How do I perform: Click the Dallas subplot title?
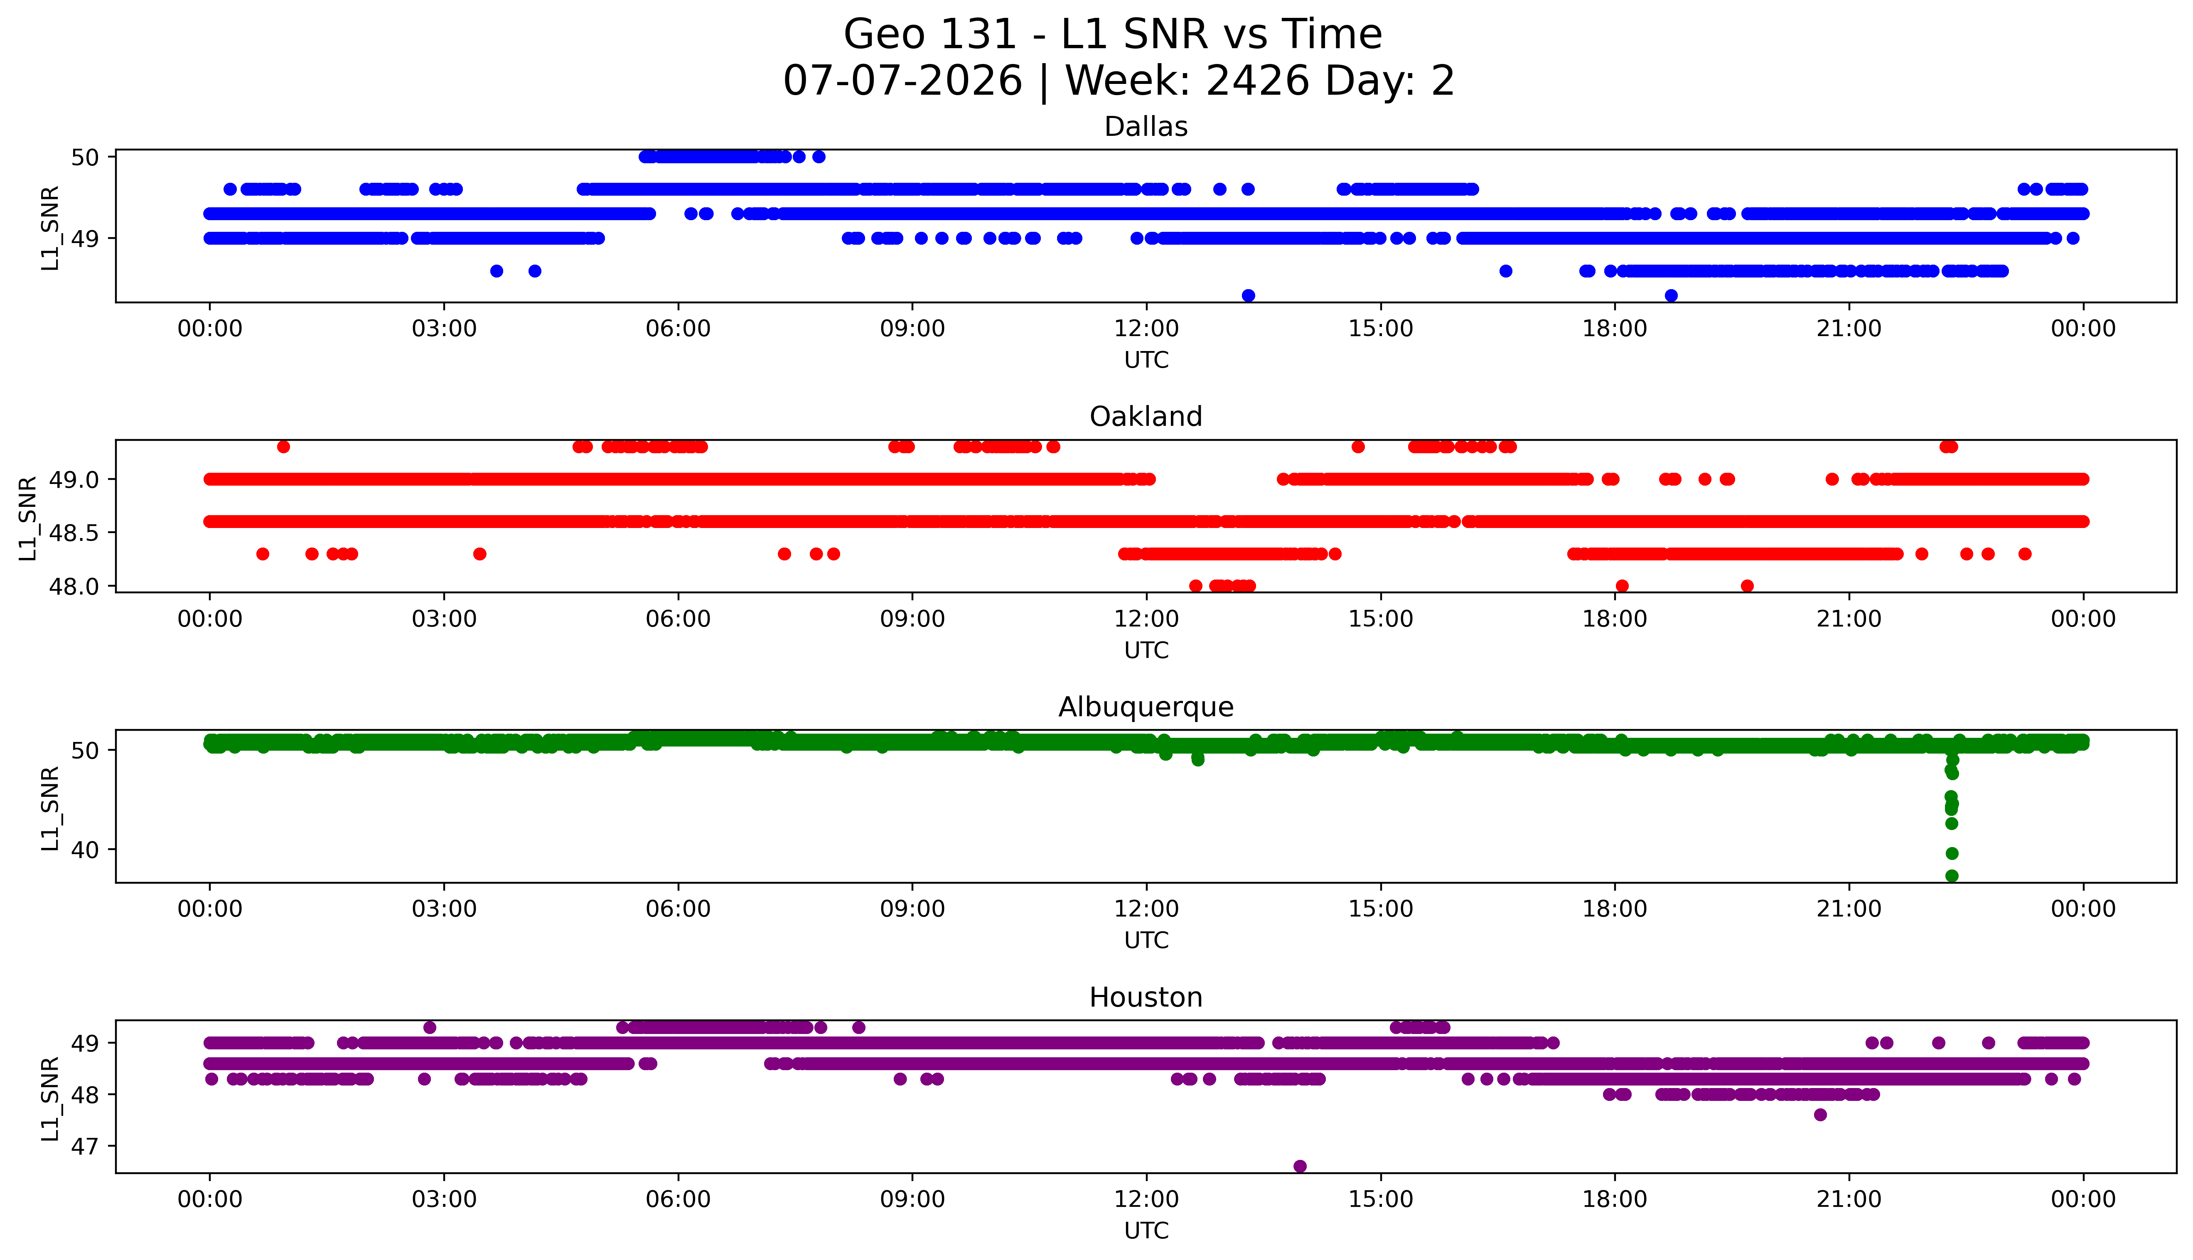tap(1146, 126)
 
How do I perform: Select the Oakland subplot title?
tap(1146, 416)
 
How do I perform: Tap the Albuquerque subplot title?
tap(1146, 707)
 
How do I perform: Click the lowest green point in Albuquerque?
tap(1952, 876)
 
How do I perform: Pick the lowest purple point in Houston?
tap(1300, 1167)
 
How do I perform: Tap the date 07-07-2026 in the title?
tap(902, 81)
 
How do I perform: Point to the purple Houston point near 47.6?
tap(1820, 1115)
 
